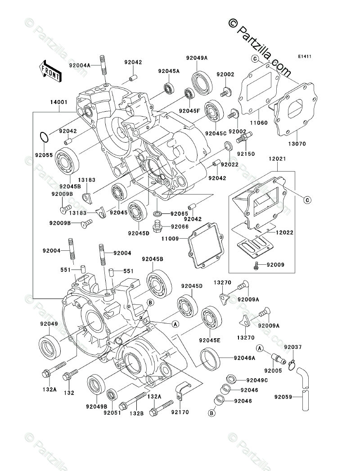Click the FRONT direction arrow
click(x=49, y=71)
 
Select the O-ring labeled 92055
click(x=44, y=137)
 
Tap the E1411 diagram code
click(x=305, y=57)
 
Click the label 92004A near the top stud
click(x=80, y=65)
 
